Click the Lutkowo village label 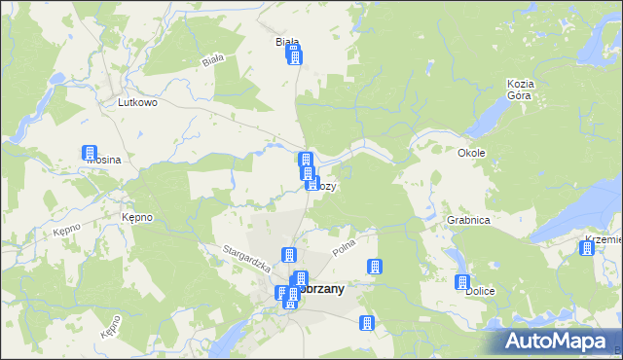(137, 101)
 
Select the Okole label (471, 153)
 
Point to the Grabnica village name (467, 220)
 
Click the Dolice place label (478, 291)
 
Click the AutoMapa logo (560, 342)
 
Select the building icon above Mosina (90, 153)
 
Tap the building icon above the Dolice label (462, 281)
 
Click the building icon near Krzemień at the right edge (586, 248)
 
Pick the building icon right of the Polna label (373, 266)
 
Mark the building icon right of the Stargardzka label (288, 256)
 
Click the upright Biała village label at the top (286, 42)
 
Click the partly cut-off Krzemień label (604, 238)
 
